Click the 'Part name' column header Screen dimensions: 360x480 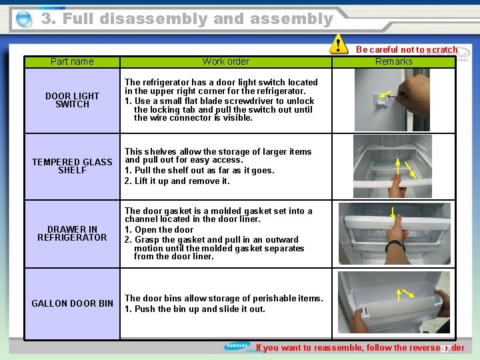tap(72, 61)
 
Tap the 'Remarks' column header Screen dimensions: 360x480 tap(394, 61)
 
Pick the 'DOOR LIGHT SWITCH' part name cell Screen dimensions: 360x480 tap(72, 100)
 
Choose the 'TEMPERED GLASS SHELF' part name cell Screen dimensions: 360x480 tap(72, 166)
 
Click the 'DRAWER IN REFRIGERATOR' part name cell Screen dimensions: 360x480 tap(72, 233)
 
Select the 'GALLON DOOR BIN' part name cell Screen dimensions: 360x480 tap(72, 303)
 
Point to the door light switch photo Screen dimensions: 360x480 tap(394, 100)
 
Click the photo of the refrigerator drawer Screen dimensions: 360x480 tap(394, 233)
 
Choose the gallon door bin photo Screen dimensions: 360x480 tap(394, 303)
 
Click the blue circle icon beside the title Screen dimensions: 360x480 tap(23, 20)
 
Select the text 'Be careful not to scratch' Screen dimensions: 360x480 tap(406, 49)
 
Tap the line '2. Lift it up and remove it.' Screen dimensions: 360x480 tap(177, 181)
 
